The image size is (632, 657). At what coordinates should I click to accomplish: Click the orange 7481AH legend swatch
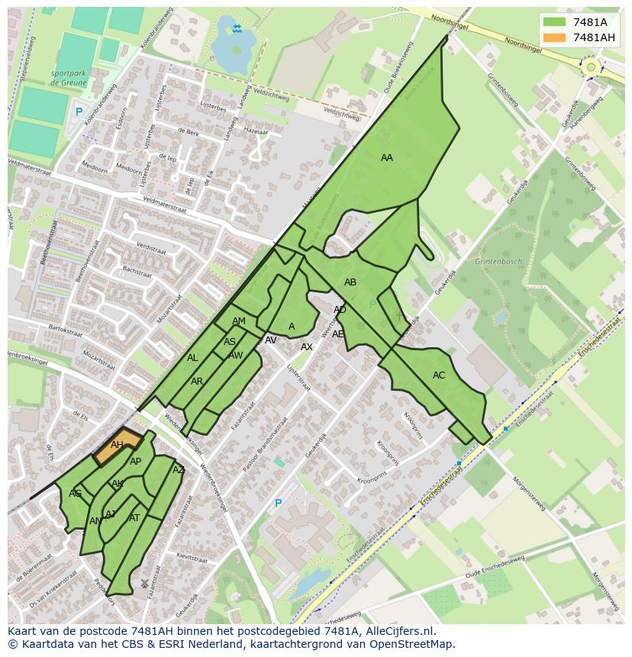click(x=555, y=37)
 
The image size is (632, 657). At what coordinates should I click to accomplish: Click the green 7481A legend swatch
click(x=555, y=22)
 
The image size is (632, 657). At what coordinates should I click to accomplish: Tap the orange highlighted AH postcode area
click(x=118, y=447)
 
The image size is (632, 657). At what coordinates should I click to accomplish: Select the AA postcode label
click(x=387, y=158)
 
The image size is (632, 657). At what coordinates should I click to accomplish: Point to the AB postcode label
click(x=350, y=282)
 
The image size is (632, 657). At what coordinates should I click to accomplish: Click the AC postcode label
click(x=439, y=375)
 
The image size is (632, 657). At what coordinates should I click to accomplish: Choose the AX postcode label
click(x=307, y=347)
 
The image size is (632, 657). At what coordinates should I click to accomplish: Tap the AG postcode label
click(x=75, y=494)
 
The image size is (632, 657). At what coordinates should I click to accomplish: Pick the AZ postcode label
click(x=179, y=470)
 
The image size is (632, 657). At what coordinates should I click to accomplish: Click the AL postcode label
click(x=192, y=358)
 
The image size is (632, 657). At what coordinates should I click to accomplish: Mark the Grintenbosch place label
click(x=498, y=262)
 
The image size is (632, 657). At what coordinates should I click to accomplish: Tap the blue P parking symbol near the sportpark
click(x=79, y=112)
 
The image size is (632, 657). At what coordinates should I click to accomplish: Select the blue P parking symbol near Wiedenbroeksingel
click(x=278, y=504)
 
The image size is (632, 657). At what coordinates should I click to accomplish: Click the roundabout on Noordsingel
click(x=589, y=67)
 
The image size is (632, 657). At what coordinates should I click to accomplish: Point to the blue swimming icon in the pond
click(x=237, y=29)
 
